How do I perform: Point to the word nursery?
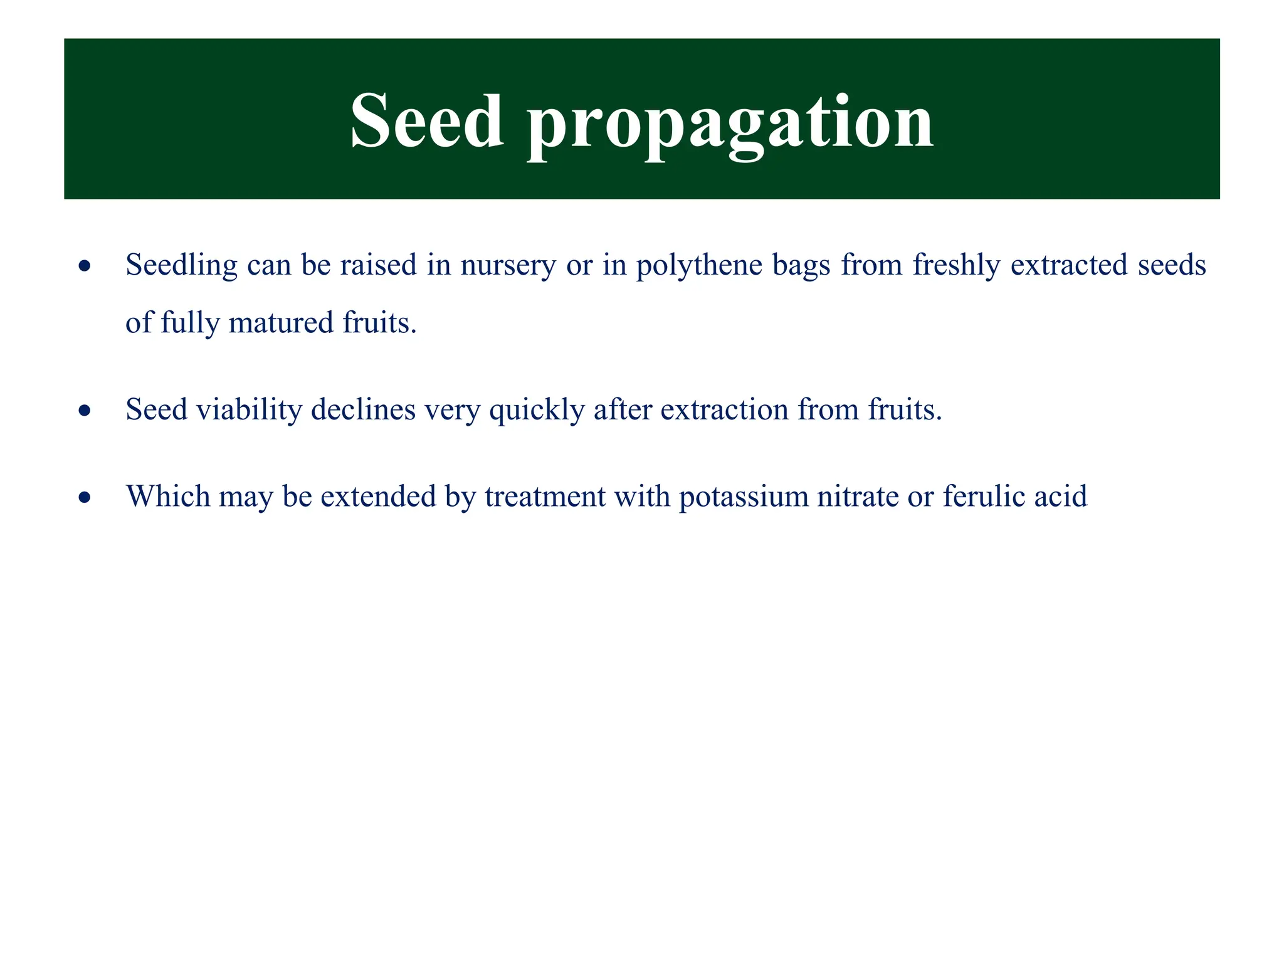tap(508, 266)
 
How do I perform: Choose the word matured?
tap(281, 324)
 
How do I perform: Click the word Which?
tap(168, 497)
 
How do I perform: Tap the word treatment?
tap(545, 497)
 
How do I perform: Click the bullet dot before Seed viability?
tap(85, 411)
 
